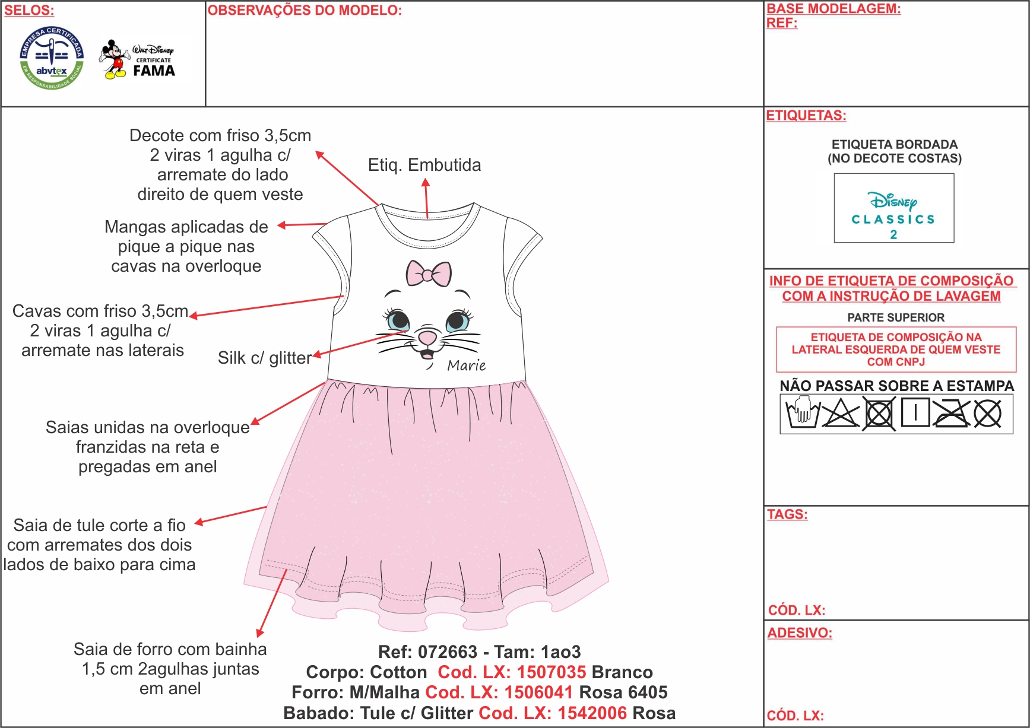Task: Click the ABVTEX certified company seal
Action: [x=52, y=58]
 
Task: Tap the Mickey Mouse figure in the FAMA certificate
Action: [x=115, y=59]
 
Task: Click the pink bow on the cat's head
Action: [x=429, y=273]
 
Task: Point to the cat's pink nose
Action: [x=427, y=338]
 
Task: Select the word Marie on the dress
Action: [x=467, y=365]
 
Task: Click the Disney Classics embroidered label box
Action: [x=894, y=208]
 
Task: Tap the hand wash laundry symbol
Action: [x=802, y=413]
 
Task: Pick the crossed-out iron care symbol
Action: [x=951, y=413]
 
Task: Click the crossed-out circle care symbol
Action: [x=988, y=414]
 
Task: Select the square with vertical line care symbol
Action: [x=915, y=412]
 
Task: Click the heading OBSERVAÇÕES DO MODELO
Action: [x=305, y=11]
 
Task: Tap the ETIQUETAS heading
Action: [x=806, y=115]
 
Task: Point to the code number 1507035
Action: [x=552, y=672]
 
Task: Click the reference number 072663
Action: [x=448, y=652]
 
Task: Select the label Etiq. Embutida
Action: [x=424, y=165]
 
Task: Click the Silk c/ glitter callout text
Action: [x=265, y=358]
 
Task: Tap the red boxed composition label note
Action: [x=896, y=349]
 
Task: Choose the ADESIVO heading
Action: [x=800, y=633]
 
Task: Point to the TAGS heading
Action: [x=787, y=514]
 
